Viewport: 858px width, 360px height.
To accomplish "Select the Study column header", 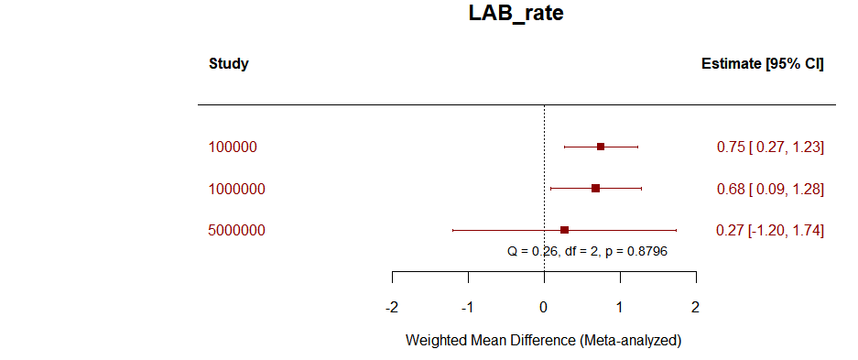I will click(228, 64).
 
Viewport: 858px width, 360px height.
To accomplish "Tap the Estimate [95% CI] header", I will click(762, 64).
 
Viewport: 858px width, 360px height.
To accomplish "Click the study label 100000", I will click(233, 147).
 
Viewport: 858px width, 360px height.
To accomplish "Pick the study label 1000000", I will click(236, 189).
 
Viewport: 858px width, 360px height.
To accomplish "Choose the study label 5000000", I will click(236, 231).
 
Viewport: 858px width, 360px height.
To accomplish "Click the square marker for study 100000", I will click(601, 147).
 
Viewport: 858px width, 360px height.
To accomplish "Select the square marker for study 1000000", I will click(596, 189).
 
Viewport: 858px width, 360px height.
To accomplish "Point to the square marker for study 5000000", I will click(565, 230).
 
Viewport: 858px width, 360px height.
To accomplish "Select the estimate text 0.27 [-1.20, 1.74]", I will click(770, 231).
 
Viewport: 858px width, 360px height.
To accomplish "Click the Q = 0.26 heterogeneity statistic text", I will click(587, 250).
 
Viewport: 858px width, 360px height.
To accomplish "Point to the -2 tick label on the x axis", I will click(391, 307).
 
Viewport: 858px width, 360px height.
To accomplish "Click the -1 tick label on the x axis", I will click(467, 307).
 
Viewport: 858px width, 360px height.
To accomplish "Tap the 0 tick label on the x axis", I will click(544, 307).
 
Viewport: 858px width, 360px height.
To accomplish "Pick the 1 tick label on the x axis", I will click(620, 307).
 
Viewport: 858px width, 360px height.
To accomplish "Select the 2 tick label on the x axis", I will click(696, 307).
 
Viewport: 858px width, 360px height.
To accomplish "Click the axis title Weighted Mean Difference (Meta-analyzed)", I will click(543, 340).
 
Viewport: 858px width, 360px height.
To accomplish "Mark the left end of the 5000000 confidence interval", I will click(453, 230).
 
